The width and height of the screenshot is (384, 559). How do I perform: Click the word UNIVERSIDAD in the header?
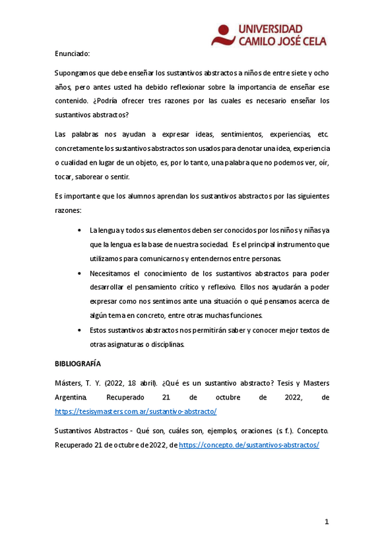(x=270, y=29)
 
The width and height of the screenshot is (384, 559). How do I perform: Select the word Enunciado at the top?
(x=72, y=53)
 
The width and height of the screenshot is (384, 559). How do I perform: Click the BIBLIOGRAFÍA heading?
(x=78, y=364)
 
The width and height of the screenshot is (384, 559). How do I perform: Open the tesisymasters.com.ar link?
(x=135, y=411)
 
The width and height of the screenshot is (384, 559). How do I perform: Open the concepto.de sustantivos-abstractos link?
(x=249, y=445)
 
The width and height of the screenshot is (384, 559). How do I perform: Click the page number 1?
(x=327, y=522)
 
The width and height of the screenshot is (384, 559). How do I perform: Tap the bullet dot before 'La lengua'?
(x=79, y=230)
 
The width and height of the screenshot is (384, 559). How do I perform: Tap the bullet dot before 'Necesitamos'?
(x=79, y=273)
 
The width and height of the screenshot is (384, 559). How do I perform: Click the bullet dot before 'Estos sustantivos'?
(x=79, y=330)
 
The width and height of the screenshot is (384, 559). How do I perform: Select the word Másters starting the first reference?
(x=69, y=383)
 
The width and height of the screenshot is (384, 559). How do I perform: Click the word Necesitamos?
(x=114, y=273)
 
